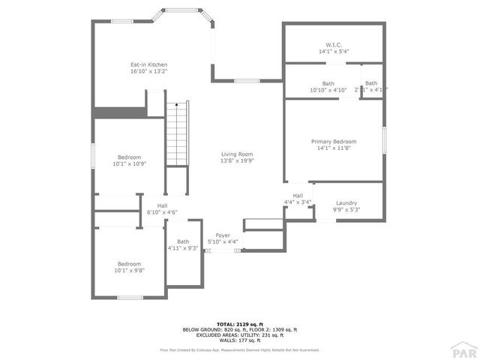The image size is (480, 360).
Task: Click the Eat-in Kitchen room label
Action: point(148,65)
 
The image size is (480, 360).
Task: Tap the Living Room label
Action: point(237,154)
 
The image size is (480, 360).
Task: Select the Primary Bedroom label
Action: point(334,141)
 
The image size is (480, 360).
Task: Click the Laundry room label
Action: point(346,202)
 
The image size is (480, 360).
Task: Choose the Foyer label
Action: point(223,235)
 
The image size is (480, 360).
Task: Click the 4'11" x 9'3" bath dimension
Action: point(183,248)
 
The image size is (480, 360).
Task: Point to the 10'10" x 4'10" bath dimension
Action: point(328,90)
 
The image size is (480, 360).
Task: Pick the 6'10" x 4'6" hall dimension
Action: point(162,212)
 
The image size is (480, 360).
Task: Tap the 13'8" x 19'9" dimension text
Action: point(237,160)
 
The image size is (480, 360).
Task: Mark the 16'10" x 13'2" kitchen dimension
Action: point(148,72)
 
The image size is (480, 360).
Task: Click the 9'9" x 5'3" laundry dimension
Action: point(346,209)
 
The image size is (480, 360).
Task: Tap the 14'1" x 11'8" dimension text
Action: point(334,148)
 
